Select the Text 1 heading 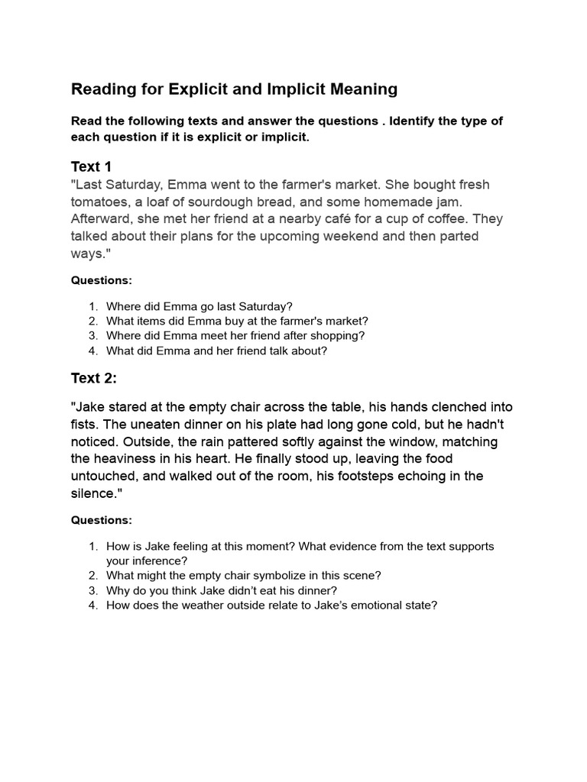click(x=91, y=166)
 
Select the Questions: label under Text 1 click(x=102, y=280)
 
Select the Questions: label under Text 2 click(x=102, y=520)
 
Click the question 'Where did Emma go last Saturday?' click(x=199, y=306)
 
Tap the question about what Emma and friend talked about click(x=216, y=351)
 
